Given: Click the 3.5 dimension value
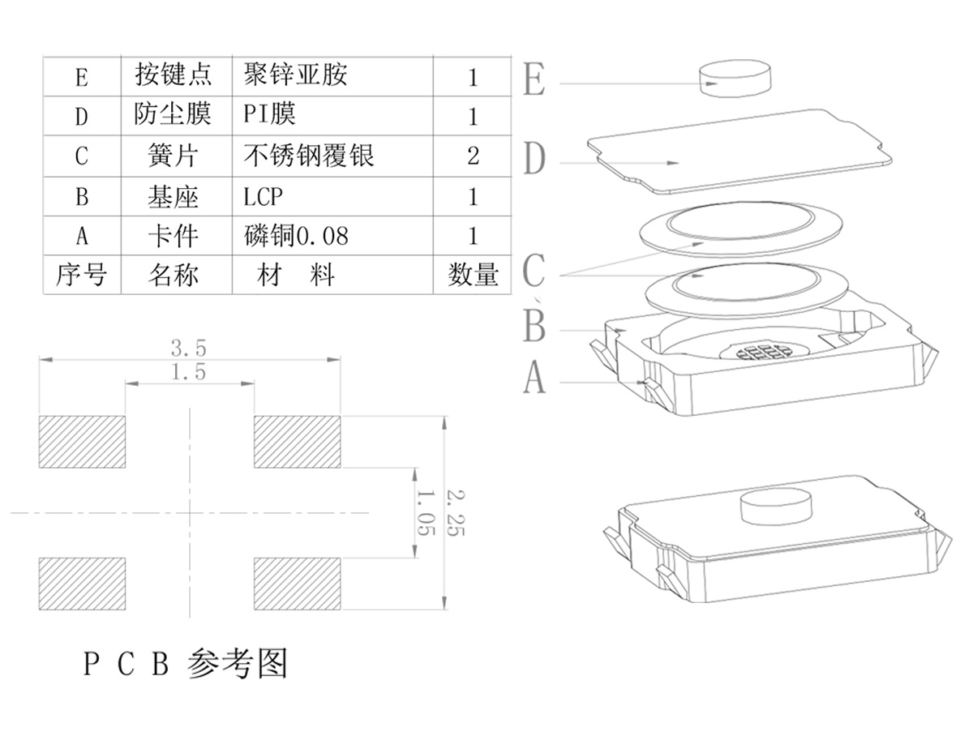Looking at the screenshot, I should point(188,349).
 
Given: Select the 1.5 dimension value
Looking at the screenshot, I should point(188,373).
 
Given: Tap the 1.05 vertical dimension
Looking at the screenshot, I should point(426,512).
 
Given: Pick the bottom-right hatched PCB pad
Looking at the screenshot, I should point(297,584).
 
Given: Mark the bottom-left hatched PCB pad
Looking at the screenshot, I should point(82,584).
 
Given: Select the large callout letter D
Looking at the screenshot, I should point(534,159).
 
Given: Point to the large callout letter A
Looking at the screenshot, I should point(534,378).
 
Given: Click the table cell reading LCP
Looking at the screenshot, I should point(264,196).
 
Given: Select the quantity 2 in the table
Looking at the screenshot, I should point(474,156).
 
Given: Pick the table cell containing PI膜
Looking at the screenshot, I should point(269,114).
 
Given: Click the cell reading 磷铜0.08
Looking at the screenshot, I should point(295,236).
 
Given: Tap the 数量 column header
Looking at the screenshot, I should point(473,275).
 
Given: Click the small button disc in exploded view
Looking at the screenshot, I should point(735,79).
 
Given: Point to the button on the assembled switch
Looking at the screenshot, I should point(776,507).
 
